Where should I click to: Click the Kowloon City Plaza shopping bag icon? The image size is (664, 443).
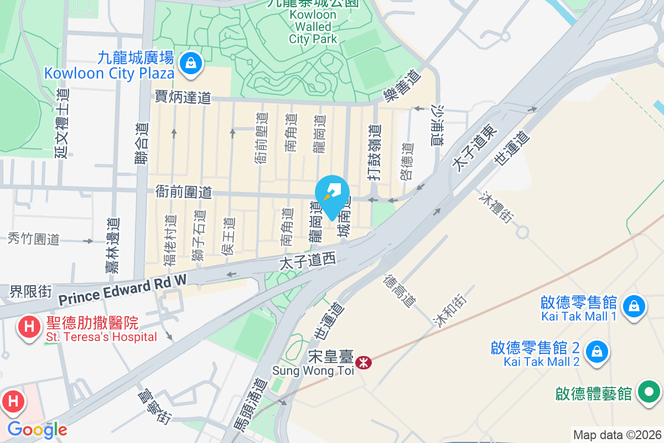tap(190, 63)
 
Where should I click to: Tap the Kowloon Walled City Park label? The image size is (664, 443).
tap(313, 27)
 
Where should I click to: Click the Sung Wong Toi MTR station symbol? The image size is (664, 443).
tap(364, 363)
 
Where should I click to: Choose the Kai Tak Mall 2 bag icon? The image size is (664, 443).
tap(597, 351)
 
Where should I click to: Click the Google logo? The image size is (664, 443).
tap(37, 429)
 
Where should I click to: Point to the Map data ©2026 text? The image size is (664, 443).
tap(616, 435)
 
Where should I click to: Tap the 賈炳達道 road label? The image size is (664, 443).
tap(183, 98)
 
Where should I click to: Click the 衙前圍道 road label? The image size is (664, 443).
tap(184, 192)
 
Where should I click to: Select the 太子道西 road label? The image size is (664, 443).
tap(308, 262)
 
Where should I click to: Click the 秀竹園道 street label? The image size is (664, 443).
tap(34, 239)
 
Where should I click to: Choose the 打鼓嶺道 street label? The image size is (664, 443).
tap(376, 153)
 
